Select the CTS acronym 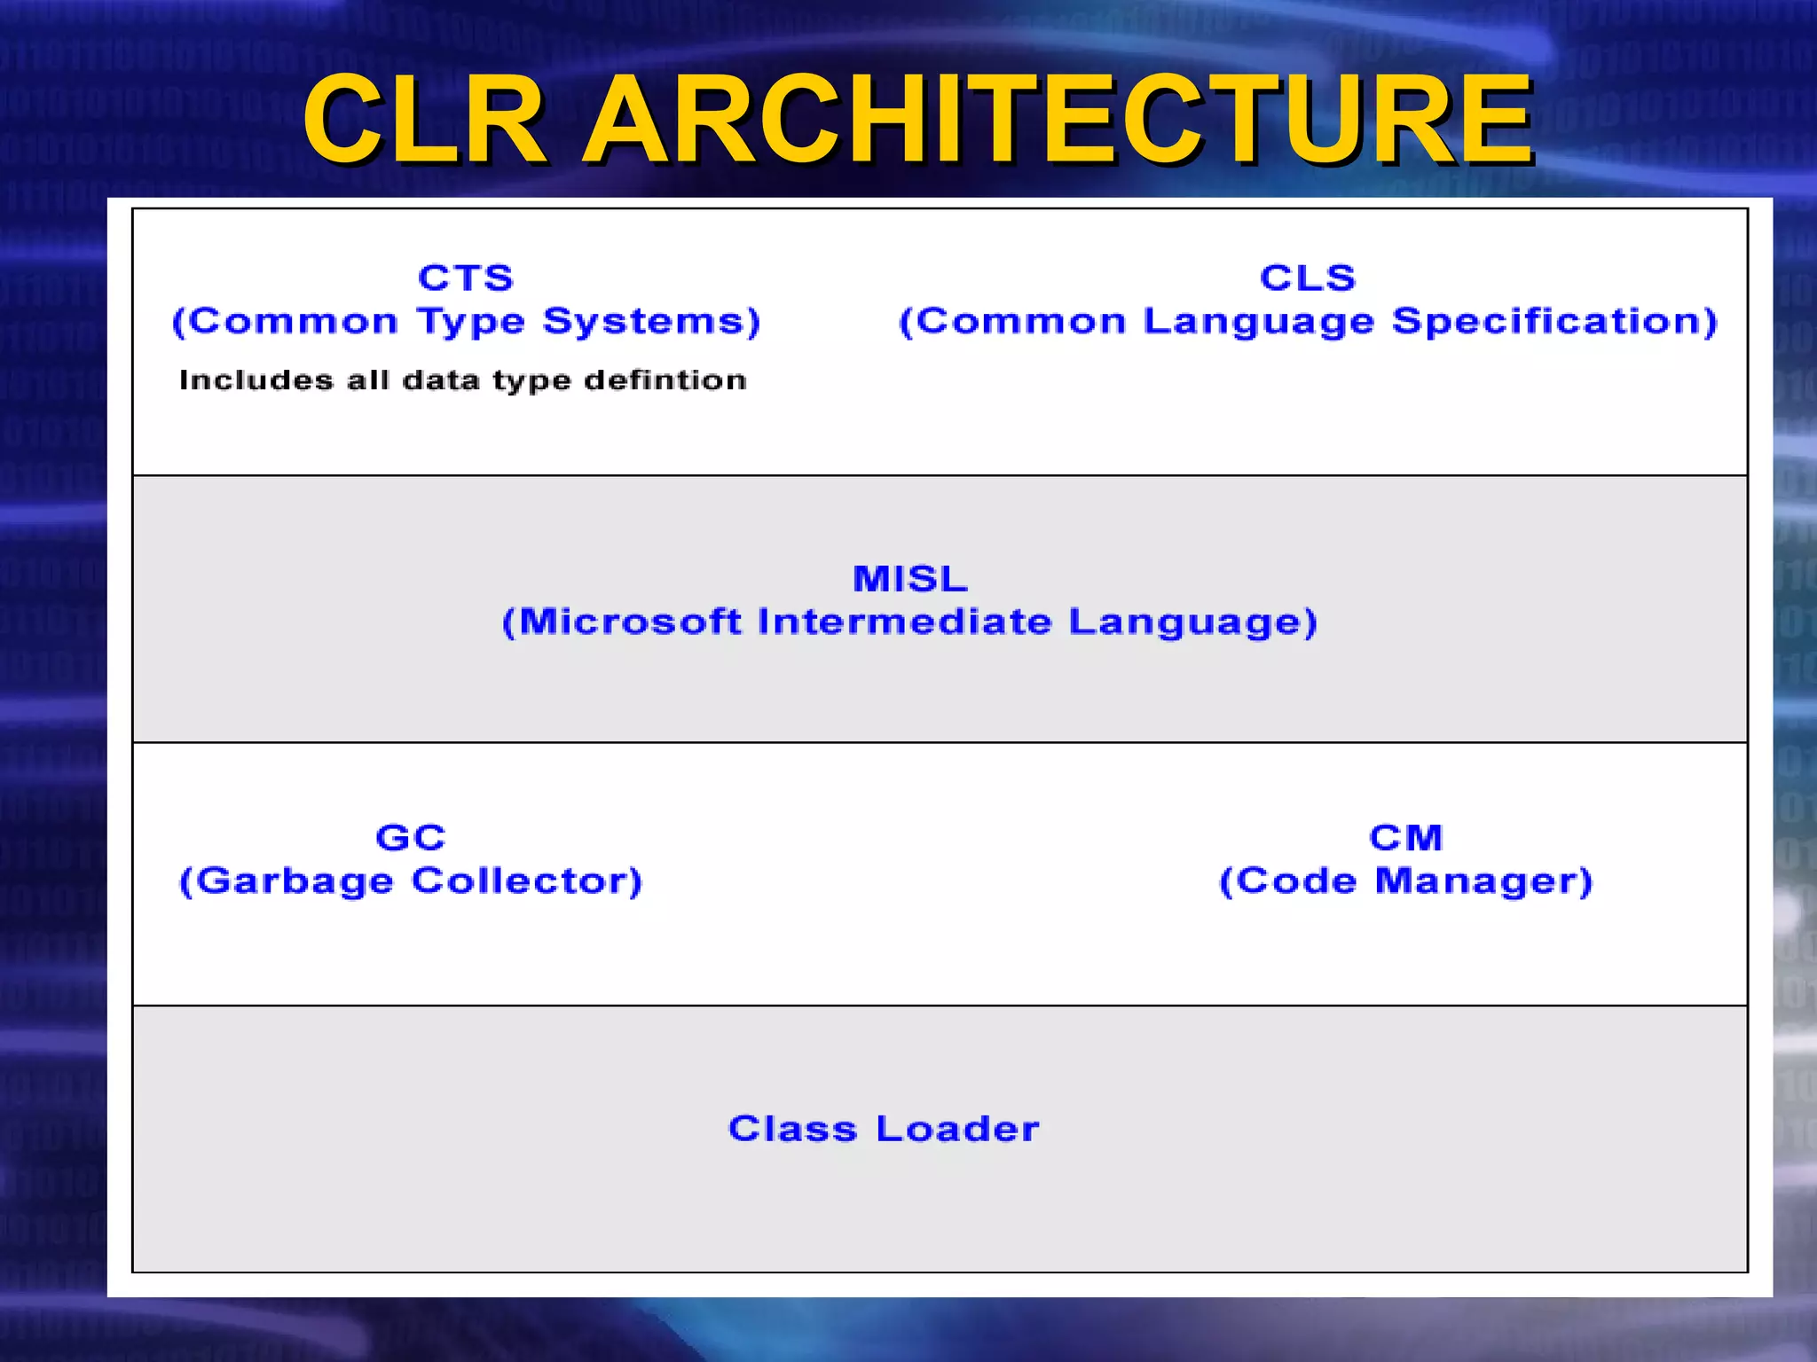466,278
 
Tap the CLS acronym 1308,278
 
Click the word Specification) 1554,322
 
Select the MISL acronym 910,579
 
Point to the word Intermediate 905,622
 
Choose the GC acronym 411,838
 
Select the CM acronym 1406,838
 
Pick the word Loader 957,1129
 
